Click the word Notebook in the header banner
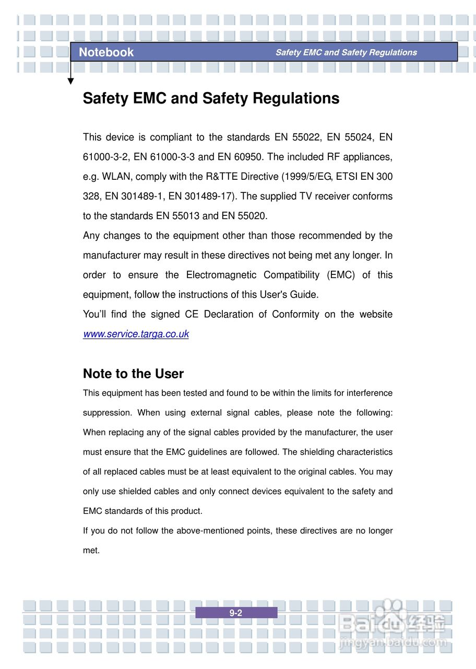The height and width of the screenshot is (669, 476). [x=106, y=52]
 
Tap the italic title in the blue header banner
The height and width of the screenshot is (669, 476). [x=346, y=52]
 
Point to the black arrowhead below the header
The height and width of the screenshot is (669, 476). [x=70, y=81]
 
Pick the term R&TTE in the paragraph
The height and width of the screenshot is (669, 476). [x=216, y=177]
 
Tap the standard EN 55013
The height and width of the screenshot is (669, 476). [x=178, y=216]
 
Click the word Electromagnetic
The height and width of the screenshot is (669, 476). [x=221, y=275]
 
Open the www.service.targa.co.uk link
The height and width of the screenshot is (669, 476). [x=136, y=334]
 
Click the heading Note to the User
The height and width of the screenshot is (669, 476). [x=133, y=374]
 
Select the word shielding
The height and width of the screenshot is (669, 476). [x=317, y=452]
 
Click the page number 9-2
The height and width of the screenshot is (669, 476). [x=236, y=613]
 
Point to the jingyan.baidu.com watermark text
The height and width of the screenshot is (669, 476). [x=392, y=642]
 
